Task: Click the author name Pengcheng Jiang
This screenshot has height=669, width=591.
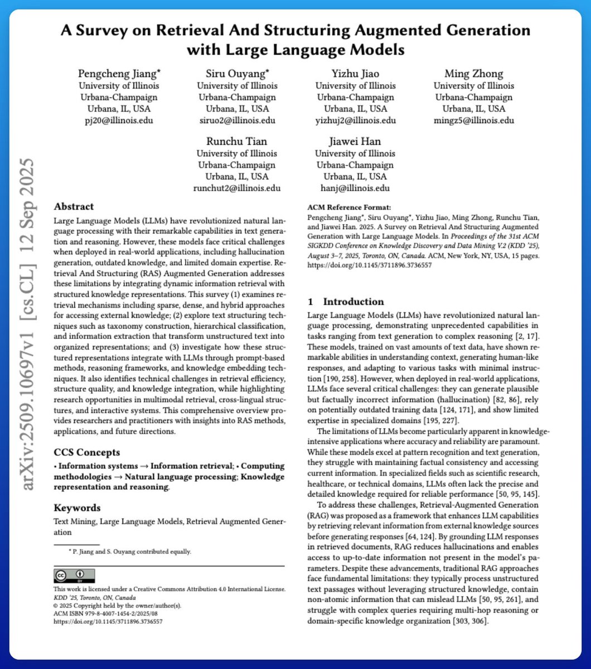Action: click(118, 74)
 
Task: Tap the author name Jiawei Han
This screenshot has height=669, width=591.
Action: click(356, 142)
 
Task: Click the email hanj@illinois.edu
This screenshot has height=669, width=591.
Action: click(356, 188)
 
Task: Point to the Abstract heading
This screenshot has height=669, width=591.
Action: click(74, 206)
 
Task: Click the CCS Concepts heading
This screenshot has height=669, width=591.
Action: click(86, 452)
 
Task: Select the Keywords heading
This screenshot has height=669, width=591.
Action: click(77, 508)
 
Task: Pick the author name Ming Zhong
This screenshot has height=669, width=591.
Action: click(474, 74)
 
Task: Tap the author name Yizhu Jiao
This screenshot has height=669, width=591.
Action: click(356, 74)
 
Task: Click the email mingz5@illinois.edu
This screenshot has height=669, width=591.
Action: click(474, 120)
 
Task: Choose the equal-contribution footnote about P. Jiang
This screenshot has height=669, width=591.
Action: click(129, 552)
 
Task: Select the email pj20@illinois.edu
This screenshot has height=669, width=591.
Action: click(118, 120)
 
